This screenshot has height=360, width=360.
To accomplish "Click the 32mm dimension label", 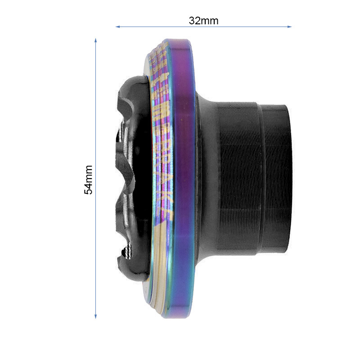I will (x=203, y=21).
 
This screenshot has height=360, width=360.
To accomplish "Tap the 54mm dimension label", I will (x=89, y=180).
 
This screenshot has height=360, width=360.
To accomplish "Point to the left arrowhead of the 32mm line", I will (x=117, y=27).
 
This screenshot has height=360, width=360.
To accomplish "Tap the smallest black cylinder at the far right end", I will (x=275, y=178).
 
